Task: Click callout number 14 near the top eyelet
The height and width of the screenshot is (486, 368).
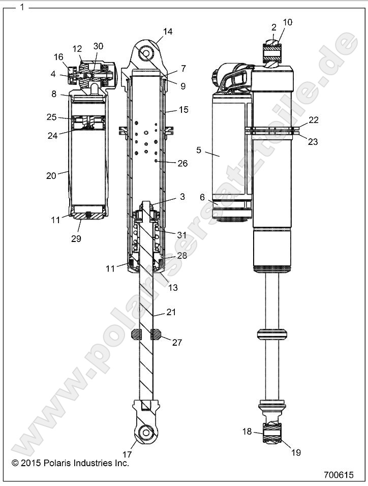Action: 167,32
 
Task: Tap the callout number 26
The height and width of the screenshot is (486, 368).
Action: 182,163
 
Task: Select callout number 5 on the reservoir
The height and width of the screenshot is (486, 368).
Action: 199,150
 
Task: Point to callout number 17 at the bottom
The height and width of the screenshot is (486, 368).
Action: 127,454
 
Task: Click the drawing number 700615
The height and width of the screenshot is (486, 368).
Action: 338,475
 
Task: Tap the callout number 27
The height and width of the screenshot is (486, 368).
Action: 176,342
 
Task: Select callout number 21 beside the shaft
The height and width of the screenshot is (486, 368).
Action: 171,312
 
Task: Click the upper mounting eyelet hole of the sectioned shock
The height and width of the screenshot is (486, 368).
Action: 146,52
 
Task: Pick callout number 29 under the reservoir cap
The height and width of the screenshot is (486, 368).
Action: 75,237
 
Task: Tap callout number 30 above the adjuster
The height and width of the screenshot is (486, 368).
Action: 98,46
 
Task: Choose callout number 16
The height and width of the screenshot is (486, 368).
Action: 59,57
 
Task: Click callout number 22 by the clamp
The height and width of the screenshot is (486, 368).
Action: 313,120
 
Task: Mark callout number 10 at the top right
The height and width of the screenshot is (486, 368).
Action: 287,22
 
